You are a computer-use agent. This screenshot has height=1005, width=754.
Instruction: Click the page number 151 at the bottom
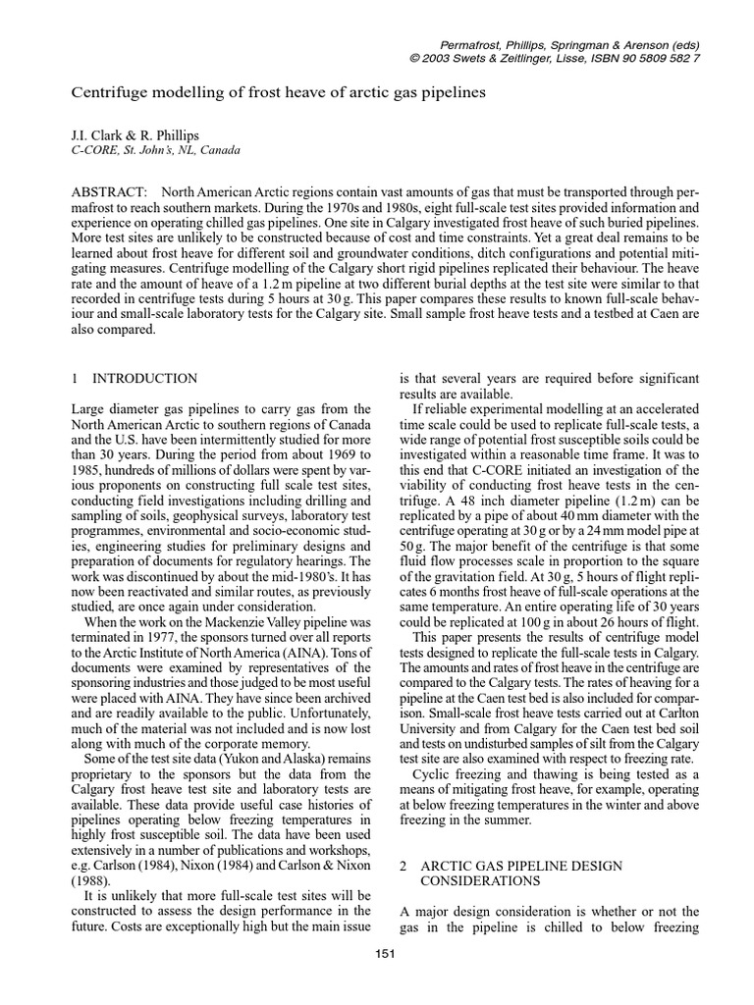coord(384,958)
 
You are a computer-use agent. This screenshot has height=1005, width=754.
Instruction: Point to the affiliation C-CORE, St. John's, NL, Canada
coord(156,150)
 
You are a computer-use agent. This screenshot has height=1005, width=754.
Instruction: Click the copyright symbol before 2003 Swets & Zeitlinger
coord(413,58)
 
